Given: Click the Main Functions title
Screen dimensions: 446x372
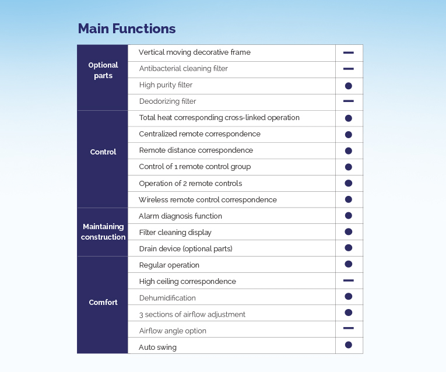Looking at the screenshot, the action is coord(127,29).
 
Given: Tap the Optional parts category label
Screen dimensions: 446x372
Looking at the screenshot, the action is coord(103,70).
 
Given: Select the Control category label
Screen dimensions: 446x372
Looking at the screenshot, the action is coord(103,152).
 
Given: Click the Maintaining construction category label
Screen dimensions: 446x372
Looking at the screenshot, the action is coord(103,232).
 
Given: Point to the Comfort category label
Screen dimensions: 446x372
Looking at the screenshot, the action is coord(103,302).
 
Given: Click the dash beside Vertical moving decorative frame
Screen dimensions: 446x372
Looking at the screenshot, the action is coord(349,52).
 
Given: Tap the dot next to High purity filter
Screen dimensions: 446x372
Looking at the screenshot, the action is coord(349,86).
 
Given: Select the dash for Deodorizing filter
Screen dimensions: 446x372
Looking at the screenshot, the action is coord(349,101).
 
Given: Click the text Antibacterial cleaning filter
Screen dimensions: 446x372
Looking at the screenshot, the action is coord(184,69).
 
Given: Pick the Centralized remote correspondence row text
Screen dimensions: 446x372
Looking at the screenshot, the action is coord(199,134).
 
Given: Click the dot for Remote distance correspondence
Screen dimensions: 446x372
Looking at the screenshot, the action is coord(349,151).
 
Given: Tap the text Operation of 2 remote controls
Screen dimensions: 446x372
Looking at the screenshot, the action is coord(191,184).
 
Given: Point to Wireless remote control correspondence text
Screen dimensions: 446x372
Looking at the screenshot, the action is coord(208,199).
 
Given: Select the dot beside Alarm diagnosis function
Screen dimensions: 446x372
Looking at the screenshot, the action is coord(349,216).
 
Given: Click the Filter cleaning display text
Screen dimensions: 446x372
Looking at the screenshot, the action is coord(175,233).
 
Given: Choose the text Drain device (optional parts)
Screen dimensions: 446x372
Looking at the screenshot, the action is coord(186,249).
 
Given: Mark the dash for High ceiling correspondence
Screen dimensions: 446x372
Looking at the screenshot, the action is coord(349,280).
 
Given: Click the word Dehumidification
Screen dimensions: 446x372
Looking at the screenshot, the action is coord(167,298).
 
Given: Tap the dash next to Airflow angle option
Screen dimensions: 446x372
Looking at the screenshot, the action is coord(349,328).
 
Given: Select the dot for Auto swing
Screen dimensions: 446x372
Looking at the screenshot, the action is coord(349,345).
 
